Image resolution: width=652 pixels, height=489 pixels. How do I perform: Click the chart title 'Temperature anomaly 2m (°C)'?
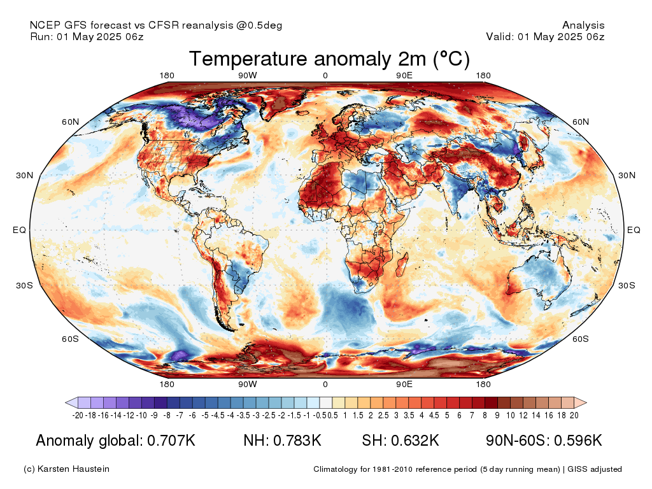coord(329,59)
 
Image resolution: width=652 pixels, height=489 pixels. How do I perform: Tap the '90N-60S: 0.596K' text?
coord(544,441)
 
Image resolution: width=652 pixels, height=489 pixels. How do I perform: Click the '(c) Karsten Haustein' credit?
coord(66,469)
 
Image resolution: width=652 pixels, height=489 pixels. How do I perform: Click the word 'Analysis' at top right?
coord(583,25)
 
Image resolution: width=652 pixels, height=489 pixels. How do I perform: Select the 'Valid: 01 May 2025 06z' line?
coord(545,37)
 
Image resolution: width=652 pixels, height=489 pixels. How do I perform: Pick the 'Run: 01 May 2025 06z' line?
coord(87,37)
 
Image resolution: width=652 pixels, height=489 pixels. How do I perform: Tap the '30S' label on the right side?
coord(627,285)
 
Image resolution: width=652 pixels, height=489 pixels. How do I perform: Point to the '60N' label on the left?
coord(70,122)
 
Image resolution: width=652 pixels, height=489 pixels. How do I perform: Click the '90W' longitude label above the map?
coord(248,76)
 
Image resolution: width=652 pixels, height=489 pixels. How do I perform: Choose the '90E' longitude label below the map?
coord(404,385)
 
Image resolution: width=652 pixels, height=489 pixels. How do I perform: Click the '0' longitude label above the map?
coord(325,76)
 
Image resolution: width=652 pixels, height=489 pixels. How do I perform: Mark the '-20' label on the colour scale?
coord(78,416)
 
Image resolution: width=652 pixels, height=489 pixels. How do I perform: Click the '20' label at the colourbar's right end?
coord(574,416)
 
